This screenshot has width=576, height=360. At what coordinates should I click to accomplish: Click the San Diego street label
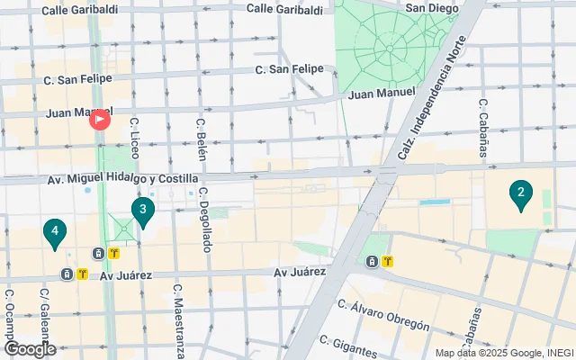[x=434, y=8]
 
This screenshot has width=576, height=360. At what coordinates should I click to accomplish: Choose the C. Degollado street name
[x=205, y=219]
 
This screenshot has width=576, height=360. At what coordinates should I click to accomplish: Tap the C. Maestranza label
[x=179, y=320]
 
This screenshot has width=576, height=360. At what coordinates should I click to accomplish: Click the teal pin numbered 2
[x=519, y=193]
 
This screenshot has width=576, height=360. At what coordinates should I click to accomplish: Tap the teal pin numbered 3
[x=142, y=211]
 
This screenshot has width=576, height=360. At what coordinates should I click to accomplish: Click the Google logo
[x=30, y=349]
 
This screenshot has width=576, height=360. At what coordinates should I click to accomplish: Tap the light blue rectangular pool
[x=434, y=202]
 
